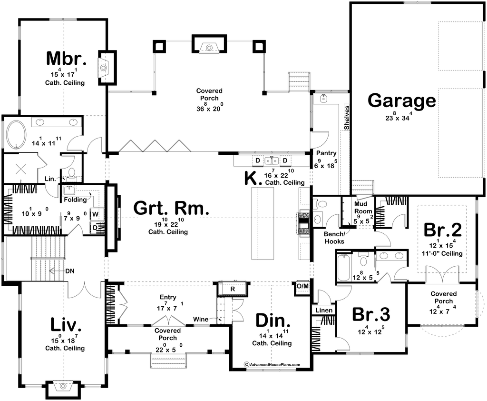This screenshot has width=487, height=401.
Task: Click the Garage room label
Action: [401, 101]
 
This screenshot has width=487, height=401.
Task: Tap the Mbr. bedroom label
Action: [66, 59]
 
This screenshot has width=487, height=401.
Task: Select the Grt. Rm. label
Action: [171, 208]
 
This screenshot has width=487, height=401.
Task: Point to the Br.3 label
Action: [371, 314]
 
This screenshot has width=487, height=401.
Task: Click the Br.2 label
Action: [443, 230]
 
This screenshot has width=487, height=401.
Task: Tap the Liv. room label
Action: [66, 325]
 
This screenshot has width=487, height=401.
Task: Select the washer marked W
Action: [95, 214]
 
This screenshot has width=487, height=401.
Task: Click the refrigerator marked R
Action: [232, 289]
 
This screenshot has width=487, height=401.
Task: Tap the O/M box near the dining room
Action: [302, 286]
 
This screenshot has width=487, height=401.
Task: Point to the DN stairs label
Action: [70, 271]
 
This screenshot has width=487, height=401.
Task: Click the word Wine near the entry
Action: [201, 319]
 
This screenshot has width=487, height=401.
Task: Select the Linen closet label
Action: [324, 310]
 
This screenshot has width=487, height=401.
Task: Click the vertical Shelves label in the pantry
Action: [347, 118]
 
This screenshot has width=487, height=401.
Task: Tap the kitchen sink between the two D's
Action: [272, 160]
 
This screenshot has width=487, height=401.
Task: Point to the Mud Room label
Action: [363, 208]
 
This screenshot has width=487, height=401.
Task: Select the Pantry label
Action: [326, 153]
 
